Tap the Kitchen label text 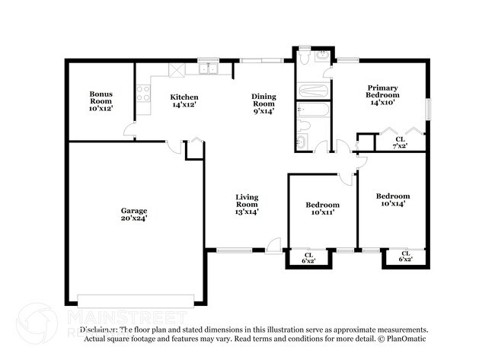coord(184,101)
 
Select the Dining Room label coord(263,104)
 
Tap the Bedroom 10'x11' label coord(322,209)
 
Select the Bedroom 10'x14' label coord(393,200)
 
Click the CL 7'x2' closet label coord(400,142)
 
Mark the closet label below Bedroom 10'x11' coord(308,258)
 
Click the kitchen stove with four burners coord(142,94)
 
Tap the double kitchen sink coord(208,70)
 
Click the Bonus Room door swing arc coord(131,130)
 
